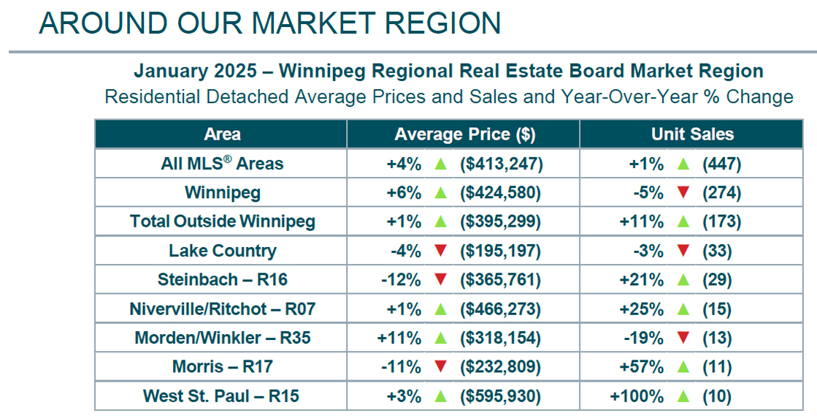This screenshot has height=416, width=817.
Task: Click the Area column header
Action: click(222, 135)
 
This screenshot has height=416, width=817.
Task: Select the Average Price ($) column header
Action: click(464, 135)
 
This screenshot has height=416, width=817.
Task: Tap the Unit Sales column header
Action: click(692, 135)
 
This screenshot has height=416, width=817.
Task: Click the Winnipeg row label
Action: click(222, 193)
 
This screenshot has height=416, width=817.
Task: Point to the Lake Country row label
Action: click(222, 251)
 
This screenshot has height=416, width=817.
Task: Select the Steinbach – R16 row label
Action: click(222, 280)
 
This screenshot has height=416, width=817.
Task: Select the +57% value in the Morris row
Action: click(643, 368)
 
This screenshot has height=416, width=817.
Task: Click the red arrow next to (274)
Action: click(683, 193)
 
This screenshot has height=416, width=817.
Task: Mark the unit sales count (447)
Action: click(721, 164)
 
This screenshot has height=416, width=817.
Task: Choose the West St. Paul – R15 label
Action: click(222, 397)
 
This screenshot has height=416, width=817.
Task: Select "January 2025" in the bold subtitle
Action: click(195, 72)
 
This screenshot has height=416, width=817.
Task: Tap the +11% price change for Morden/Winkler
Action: click(400, 339)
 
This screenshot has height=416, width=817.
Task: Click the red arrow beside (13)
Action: click(683, 339)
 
